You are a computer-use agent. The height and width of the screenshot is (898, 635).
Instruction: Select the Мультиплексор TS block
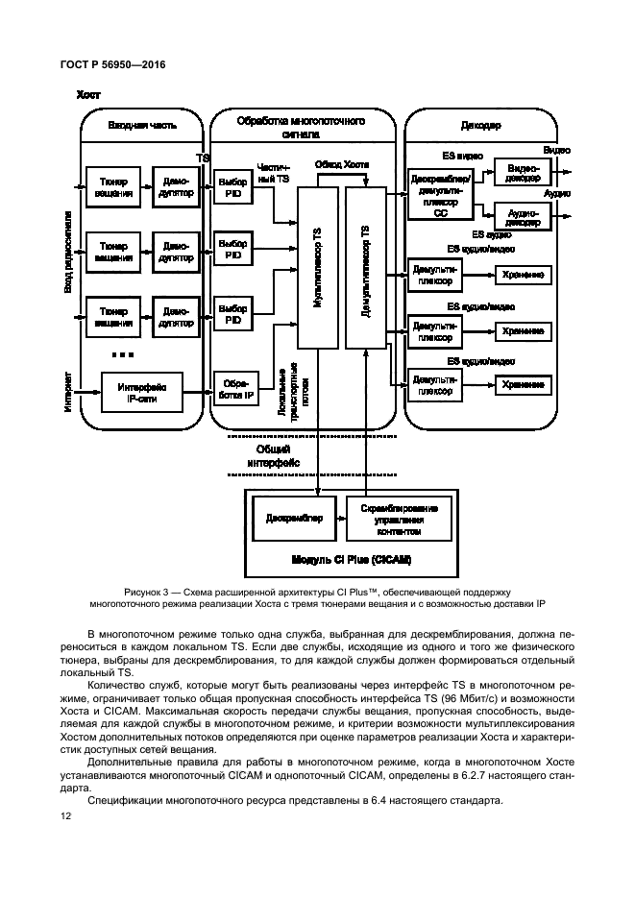pyautogui.click(x=317, y=269)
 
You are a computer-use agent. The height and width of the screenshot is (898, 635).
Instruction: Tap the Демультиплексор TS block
pyautogui.click(x=364, y=269)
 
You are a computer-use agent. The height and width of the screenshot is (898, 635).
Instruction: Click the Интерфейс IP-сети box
pyautogui.click(x=141, y=392)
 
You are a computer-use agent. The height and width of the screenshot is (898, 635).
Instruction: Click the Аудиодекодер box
pyautogui.click(x=523, y=215)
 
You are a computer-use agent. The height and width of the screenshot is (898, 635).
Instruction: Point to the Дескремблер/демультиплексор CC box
pyautogui.click(x=440, y=194)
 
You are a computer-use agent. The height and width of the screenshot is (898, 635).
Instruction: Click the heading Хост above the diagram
pyautogui.click(x=88, y=95)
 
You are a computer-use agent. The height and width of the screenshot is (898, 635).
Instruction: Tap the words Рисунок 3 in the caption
pyautogui.click(x=152, y=591)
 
